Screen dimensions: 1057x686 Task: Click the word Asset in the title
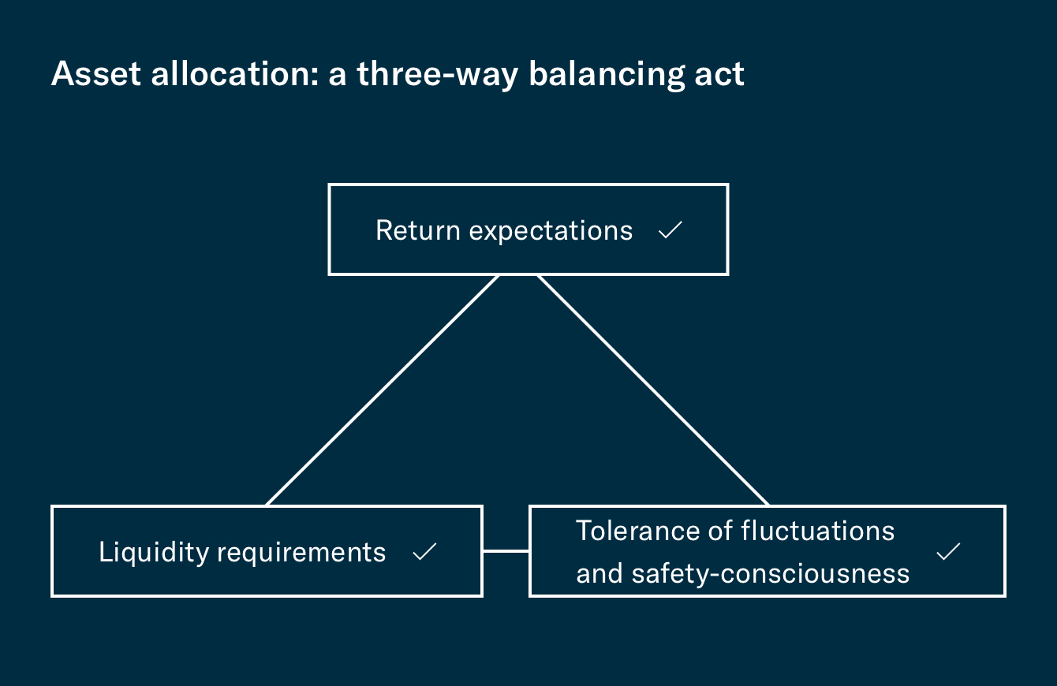[96, 73]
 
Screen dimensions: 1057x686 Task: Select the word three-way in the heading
[438, 75]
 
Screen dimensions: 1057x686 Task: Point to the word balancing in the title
[607, 75]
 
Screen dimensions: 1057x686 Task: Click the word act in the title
[719, 75]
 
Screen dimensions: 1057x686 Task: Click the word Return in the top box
[418, 230]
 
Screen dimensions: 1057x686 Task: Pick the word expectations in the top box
[551, 232]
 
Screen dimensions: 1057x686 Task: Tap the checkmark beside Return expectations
[670, 229]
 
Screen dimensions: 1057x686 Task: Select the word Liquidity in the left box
[154, 553]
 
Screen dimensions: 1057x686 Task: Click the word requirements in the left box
[301, 554]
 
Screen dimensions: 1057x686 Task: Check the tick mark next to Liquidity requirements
[424, 551]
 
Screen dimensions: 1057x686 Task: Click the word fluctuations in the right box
[817, 531]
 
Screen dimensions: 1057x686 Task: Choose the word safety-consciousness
[771, 574]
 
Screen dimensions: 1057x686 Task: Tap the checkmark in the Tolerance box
[948, 551]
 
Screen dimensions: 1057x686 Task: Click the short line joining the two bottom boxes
[506, 550]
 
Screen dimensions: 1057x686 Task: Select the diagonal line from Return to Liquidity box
[383, 390]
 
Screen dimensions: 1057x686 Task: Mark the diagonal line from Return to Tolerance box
[654, 390]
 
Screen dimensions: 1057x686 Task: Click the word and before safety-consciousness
[599, 574]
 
